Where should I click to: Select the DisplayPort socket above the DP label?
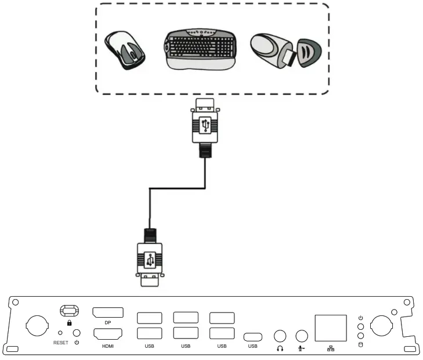(107, 312)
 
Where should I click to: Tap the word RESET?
(60, 343)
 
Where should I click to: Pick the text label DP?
(107, 323)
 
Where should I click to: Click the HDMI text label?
(107, 346)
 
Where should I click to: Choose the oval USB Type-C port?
(252, 336)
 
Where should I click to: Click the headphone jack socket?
(280, 336)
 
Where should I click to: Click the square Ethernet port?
(330, 328)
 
